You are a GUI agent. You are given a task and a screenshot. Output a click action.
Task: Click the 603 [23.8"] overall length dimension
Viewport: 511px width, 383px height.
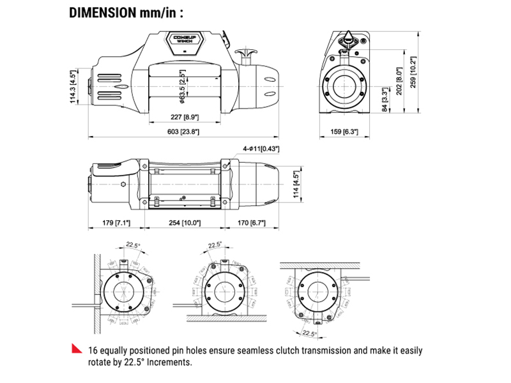tap(184, 131)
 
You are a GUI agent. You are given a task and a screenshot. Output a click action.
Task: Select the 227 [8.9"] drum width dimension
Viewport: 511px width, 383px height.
tap(184, 117)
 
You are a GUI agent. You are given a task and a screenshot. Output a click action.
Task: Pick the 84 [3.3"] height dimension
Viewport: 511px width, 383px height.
tap(384, 100)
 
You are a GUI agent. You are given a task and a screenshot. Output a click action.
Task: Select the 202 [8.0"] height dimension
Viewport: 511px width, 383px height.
tap(399, 82)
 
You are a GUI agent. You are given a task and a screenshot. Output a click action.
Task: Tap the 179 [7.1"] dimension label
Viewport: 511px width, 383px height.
tap(116, 223)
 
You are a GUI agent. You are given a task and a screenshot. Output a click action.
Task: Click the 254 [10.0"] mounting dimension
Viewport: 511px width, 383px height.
tap(183, 223)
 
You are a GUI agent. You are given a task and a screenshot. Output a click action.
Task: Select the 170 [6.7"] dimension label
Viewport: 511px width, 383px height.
tap(251, 223)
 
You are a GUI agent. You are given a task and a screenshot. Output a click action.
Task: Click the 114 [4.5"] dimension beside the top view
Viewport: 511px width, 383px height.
tap(295, 185)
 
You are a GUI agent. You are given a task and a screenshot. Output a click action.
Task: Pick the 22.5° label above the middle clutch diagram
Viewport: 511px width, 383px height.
tap(214, 244)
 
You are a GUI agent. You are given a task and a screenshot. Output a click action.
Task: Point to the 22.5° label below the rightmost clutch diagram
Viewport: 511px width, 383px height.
tap(309, 333)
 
